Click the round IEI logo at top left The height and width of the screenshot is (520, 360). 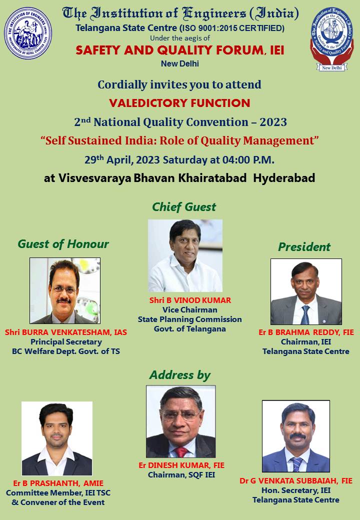click(x=28, y=33)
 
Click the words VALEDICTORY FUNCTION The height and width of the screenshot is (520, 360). click(x=179, y=103)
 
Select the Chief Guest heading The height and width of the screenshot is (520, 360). click(x=184, y=207)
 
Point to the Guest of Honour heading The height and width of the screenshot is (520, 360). click(x=63, y=244)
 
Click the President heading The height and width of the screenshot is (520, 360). click(x=304, y=246)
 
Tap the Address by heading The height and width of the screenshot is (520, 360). click(x=180, y=375)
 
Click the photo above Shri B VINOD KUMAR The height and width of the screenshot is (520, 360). click(x=185, y=255)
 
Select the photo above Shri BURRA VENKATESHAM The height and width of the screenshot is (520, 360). click(x=65, y=290)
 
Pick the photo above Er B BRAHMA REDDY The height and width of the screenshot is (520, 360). click(x=306, y=291)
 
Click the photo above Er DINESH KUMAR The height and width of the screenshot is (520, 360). click(x=180, y=421)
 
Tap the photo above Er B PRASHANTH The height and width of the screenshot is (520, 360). click(x=57, y=438)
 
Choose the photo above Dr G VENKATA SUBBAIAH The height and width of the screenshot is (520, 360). click(x=296, y=436)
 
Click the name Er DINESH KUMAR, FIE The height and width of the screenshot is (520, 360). click(x=181, y=465)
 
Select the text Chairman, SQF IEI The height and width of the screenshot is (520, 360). click(x=181, y=475)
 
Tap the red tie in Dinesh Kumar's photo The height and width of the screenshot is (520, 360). click(x=181, y=451)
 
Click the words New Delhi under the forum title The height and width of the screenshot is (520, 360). click(x=179, y=63)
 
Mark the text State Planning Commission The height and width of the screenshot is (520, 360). click(x=189, y=319)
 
